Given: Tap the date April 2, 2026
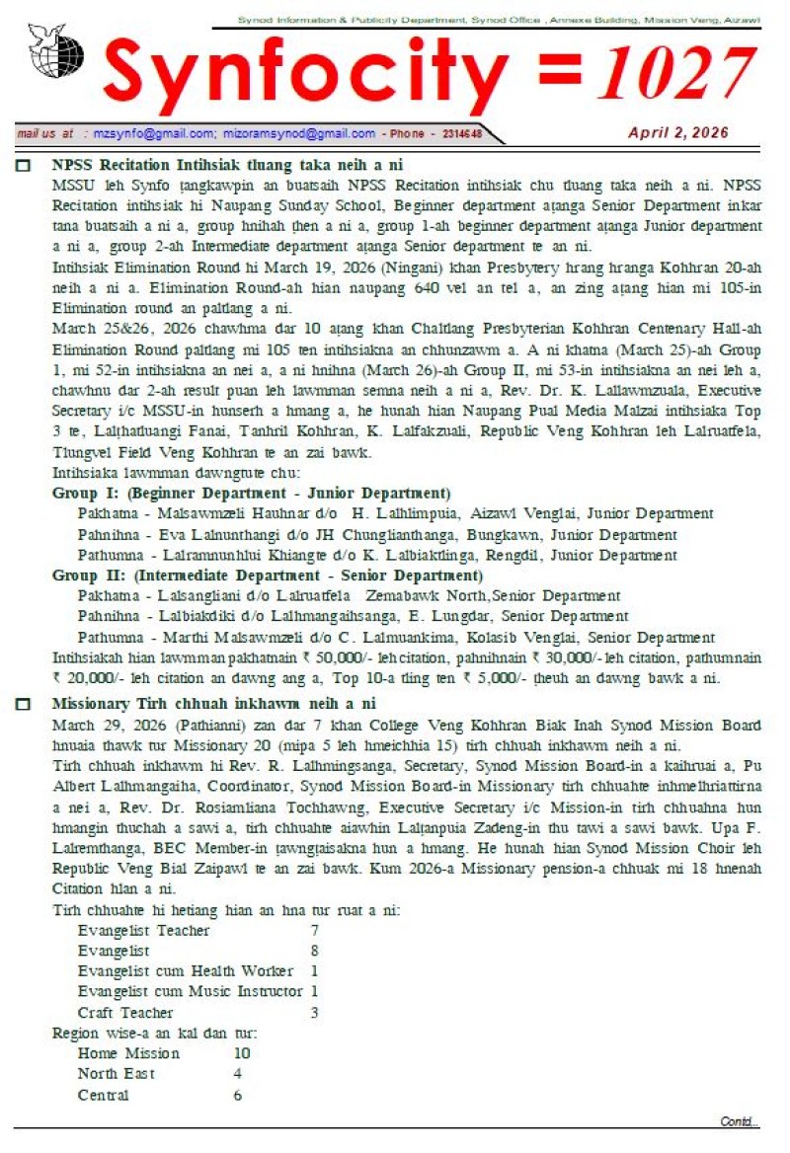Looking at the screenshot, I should tap(678, 132).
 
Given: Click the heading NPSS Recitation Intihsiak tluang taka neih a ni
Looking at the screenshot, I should tap(227, 165).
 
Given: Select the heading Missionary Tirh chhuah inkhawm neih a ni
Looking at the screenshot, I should tap(213, 704).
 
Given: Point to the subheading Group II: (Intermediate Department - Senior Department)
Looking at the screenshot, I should tap(267, 576).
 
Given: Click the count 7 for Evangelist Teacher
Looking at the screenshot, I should tap(314, 931).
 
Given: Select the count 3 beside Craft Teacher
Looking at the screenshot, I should tap(314, 1013).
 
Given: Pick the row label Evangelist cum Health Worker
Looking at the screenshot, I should tap(186, 971).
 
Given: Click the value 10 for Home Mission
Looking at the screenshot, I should tap(241, 1053).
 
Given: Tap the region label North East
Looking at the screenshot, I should tap(117, 1073).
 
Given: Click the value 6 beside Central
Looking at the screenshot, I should tap(237, 1095).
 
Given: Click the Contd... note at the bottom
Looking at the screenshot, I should tap(740, 1121).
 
